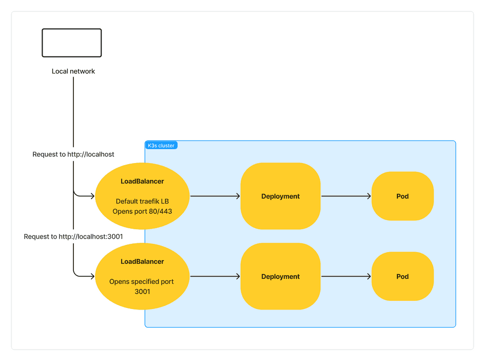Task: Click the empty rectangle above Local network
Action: [72, 43]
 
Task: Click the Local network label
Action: [73, 71]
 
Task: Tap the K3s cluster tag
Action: [161, 146]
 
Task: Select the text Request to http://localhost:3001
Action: [73, 237]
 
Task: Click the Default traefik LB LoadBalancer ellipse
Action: [142, 196]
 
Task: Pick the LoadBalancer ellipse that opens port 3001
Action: [142, 276]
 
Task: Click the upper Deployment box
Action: [280, 196]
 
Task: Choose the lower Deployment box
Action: [280, 276]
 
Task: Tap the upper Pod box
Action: [402, 196]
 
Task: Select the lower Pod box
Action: [402, 276]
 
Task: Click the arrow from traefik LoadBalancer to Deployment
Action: [215, 196]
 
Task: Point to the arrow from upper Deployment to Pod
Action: [346, 196]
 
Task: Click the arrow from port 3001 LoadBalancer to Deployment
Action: [215, 276]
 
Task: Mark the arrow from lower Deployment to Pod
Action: [346, 276]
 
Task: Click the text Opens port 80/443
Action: [142, 211]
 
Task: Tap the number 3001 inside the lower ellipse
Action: [142, 292]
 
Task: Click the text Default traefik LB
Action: [142, 202]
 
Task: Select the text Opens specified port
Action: [142, 282]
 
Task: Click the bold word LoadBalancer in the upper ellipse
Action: [142, 182]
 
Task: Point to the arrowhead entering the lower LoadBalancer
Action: [92, 276]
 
